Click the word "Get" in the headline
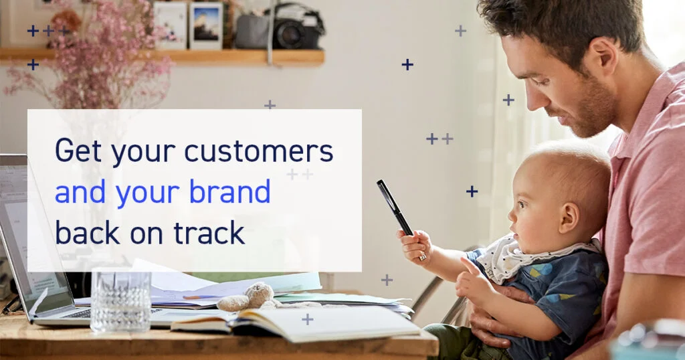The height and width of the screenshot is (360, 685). point(78,151)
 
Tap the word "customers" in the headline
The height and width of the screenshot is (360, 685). point(259,151)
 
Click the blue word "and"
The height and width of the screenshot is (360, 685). point(80,192)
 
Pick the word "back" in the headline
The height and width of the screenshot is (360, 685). point(88,232)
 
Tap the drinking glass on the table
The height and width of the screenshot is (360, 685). point(120,302)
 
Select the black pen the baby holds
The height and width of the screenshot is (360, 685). point(395,207)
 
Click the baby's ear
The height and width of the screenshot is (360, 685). point(568,218)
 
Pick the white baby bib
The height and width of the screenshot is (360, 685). point(524,258)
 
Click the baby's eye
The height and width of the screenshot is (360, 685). point(522,205)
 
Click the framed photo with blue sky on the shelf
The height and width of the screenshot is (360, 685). point(206,26)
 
